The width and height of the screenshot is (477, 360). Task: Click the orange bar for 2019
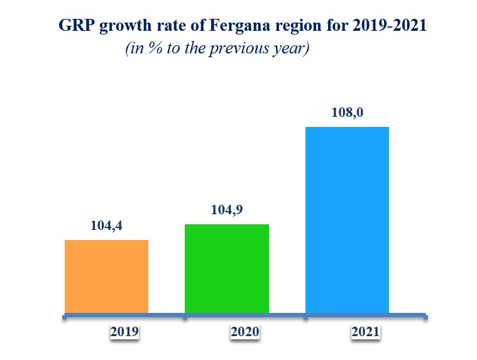click(x=107, y=276)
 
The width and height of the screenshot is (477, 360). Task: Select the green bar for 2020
click(x=227, y=268)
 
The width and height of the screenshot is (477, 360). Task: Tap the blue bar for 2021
click(x=347, y=219)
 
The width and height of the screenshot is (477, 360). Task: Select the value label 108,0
click(x=348, y=114)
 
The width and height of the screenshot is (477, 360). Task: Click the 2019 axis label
click(x=124, y=332)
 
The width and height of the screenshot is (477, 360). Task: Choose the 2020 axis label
click(x=244, y=332)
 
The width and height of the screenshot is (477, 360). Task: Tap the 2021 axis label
click(x=365, y=332)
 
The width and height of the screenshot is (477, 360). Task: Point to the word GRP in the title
click(x=74, y=26)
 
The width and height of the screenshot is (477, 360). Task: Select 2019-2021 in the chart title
click(x=391, y=26)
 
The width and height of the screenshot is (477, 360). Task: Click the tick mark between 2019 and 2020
click(x=184, y=317)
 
